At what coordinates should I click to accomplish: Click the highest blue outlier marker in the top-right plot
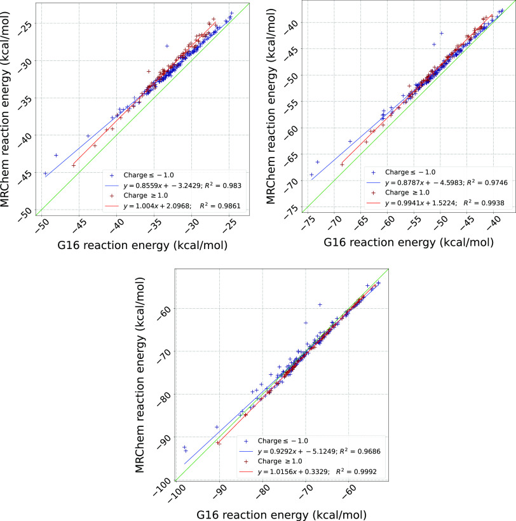tap(441, 33)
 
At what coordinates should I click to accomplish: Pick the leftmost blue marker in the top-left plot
tap(45, 173)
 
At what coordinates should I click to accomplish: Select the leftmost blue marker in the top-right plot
tap(311, 175)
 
